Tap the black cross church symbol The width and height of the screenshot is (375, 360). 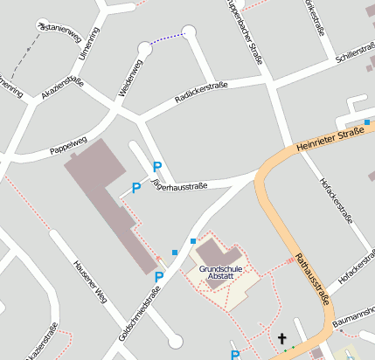tap(281, 338)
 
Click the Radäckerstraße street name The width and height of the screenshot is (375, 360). tap(201, 93)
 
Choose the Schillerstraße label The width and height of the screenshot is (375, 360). tap(354, 52)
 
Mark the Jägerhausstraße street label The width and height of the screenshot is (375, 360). tap(179, 184)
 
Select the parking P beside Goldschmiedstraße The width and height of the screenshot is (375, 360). tap(159, 277)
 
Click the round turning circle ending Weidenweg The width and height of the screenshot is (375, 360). tap(144, 50)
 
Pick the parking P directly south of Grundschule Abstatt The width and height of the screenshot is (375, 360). tap(234, 354)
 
